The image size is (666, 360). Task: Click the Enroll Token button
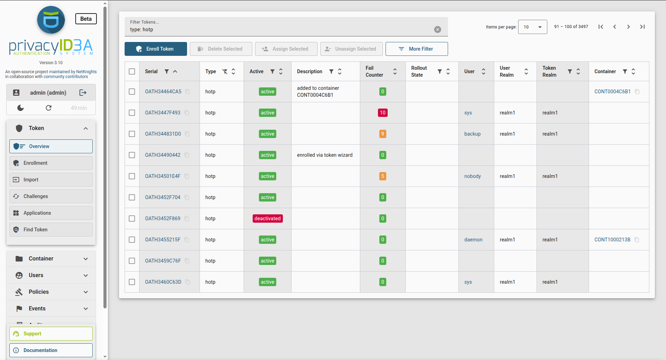pyautogui.click(x=155, y=49)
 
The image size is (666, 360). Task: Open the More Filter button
pyautogui.click(x=416, y=49)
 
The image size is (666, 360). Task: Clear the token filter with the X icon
pyautogui.click(x=438, y=29)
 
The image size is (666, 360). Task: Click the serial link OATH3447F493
pyautogui.click(x=162, y=113)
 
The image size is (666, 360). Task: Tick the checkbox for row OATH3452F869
pyautogui.click(x=132, y=218)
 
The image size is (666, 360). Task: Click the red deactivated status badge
pyautogui.click(x=267, y=218)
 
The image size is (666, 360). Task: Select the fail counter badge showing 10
pyautogui.click(x=382, y=113)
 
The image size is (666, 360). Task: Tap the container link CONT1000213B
pyautogui.click(x=612, y=240)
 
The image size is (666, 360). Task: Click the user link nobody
pyautogui.click(x=472, y=176)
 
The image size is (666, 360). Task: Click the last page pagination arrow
pyautogui.click(x=642, y=27)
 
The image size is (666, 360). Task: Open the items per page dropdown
pyautogui.click(x=532, y=27)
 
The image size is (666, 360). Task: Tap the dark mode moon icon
pyautogui.click(x=20, y=108)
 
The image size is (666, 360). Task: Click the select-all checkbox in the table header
pyautogui.click(x=132, y=71)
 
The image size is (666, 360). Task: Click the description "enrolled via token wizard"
pyautogui.click(x=324, y=155)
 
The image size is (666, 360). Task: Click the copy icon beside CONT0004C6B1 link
pyautogui.click(x=637, y=92)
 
